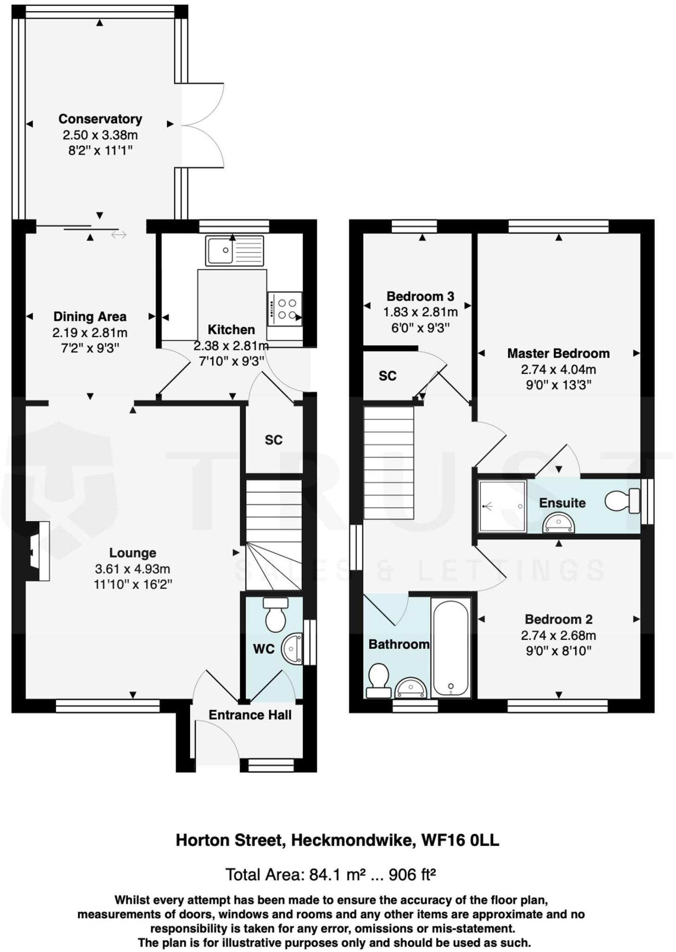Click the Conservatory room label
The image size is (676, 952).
tap(100, 119)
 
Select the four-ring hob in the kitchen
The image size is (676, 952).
tap(285, 309)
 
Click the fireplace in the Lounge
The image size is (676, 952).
tap(39, 551)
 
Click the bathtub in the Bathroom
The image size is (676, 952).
tap(450, 648)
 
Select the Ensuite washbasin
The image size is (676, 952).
tap(558, 523)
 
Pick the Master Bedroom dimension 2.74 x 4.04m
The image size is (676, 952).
tap(558, 370)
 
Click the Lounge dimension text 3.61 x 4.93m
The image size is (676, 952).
tap(132, 569)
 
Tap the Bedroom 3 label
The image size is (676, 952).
tap(420, 296)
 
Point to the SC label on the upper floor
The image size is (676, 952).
tap(387, 376)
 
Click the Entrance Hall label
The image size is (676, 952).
tap(249, 715)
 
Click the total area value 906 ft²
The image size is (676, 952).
tap(412, 875)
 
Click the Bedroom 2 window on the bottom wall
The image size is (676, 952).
tap(557, 706)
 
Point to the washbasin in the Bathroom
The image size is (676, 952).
tap(410, 688)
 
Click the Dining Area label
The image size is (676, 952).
tap(90, 317)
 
